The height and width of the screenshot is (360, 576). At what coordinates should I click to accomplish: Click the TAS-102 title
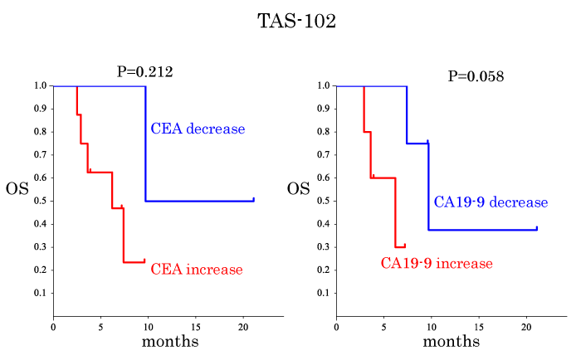click(x=296, y=22)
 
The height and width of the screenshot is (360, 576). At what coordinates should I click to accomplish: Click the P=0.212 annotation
click(x=144, y=72)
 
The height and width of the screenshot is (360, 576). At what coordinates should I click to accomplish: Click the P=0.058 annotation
click(x=476, y=76)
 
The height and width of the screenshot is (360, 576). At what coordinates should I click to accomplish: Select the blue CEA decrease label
click(x=198, y=129)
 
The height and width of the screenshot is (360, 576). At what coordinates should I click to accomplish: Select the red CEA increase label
click(x=197, y=270)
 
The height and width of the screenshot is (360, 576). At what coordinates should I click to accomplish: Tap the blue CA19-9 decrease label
click(x=491, y=202)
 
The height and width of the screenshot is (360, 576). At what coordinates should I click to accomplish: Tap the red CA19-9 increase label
click(x=437, y=264)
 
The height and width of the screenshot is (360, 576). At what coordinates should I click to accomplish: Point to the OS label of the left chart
click(x=17, y=188)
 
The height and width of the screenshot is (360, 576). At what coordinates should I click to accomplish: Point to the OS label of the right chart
click(x=299, y=188)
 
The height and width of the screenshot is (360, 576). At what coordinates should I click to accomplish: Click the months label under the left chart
click(x=170, y=341)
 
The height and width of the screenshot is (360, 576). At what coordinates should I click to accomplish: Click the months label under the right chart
click(x=452, y=341)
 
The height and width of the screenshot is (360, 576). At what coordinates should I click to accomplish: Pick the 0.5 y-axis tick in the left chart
click(x=40, y=201)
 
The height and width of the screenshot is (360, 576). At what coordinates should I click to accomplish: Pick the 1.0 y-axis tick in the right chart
click(x=323, y=85)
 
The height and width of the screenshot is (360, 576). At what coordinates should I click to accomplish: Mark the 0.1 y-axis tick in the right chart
click(x=323, y=293)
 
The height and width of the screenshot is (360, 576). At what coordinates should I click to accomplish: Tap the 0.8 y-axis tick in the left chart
click(x=40, y=131)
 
